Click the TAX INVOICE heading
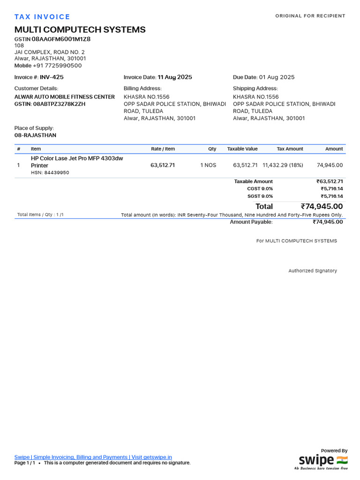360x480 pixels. pos(42,17)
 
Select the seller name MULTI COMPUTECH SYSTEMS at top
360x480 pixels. pos(80,30)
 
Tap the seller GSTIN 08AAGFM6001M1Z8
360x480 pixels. pos(61,39)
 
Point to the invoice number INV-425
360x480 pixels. pos(52,77)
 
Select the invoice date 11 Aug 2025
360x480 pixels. pos(175,77)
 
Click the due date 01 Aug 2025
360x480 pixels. pos(277,77)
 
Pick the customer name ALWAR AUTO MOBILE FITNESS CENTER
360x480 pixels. pos(65,97)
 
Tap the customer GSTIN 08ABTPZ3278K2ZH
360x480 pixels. pos(59,104)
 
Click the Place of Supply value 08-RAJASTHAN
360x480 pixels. pos(35,135)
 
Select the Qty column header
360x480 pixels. pos(212,149)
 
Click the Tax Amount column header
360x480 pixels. pos(290,149)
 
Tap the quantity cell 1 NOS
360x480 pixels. pos(208,165)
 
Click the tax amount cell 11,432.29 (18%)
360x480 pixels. pos(283,165)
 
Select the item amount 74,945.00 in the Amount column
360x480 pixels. pos(330,165)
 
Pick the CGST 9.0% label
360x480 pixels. pos(260,189)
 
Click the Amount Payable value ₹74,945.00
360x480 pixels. pos(328,222)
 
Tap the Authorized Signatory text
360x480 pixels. pos(312,271)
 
